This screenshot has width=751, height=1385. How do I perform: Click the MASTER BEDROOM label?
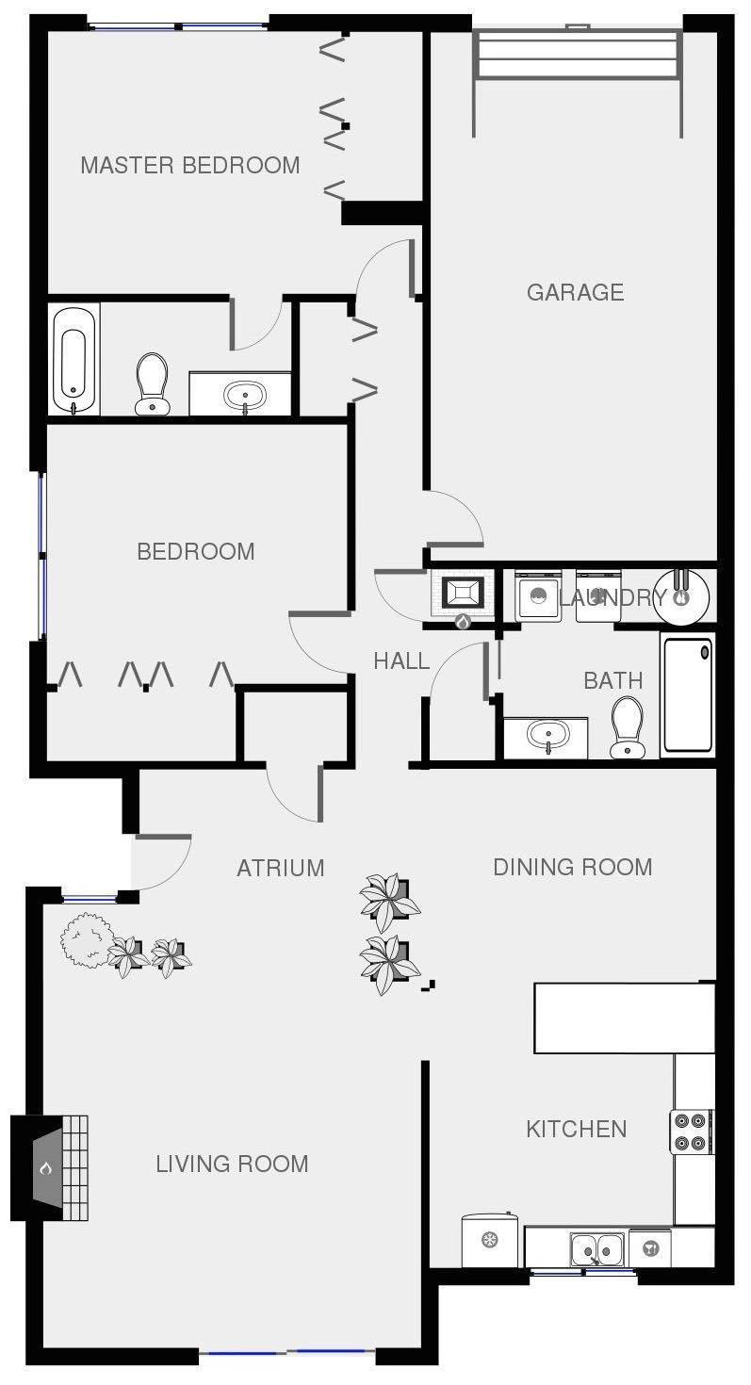click(190, 165)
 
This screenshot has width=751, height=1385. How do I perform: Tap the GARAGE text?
click(576, 292)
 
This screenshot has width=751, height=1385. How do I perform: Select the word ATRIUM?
click(280, 868)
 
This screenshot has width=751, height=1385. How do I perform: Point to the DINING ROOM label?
click(573, 867)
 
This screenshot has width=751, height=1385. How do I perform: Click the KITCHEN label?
click(577, 1129)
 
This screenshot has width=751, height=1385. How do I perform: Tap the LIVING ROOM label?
click(232, 1164)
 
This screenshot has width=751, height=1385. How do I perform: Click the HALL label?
click(401, 661)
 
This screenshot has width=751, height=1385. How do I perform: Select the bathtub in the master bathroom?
click(73, 359)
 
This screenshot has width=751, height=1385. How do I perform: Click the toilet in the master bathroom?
click(152, 383)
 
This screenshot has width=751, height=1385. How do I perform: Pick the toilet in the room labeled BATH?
click(628, 727)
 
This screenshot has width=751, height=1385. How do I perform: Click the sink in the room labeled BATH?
click(547, 736)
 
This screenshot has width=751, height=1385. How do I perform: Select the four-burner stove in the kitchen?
click(691, 1132)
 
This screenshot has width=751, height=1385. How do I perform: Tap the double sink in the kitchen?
click(597, 1249)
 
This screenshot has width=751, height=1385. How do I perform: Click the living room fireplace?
click(50, 1168)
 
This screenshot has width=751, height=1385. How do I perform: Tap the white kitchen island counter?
click(625, 1018)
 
